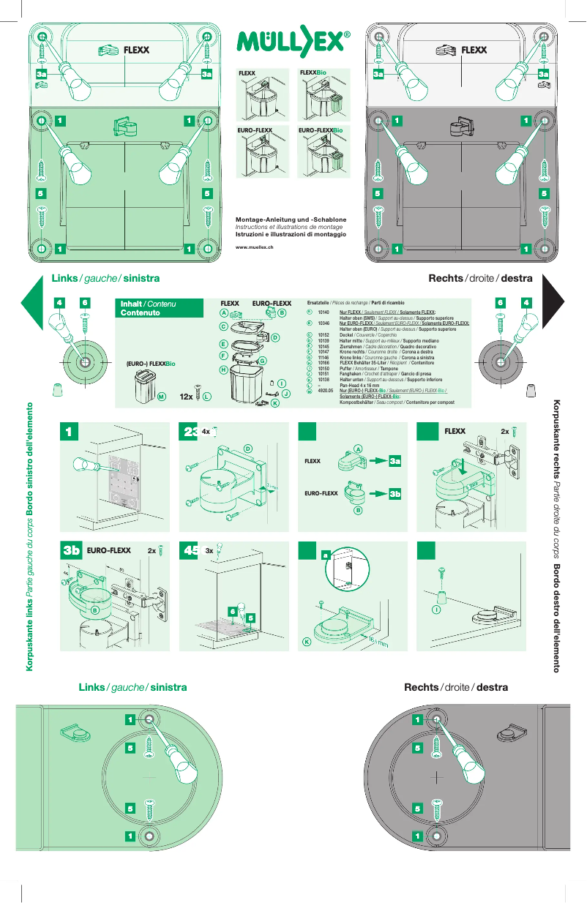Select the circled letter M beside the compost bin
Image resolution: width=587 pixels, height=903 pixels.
162,396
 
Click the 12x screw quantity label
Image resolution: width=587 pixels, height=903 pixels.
186,396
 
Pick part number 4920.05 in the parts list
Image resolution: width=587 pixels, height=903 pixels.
325,391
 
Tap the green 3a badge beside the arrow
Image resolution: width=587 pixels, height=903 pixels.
395,461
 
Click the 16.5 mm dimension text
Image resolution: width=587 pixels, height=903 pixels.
378,642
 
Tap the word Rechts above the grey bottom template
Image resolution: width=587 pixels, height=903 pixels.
422,687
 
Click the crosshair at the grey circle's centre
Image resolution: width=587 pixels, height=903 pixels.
437,776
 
